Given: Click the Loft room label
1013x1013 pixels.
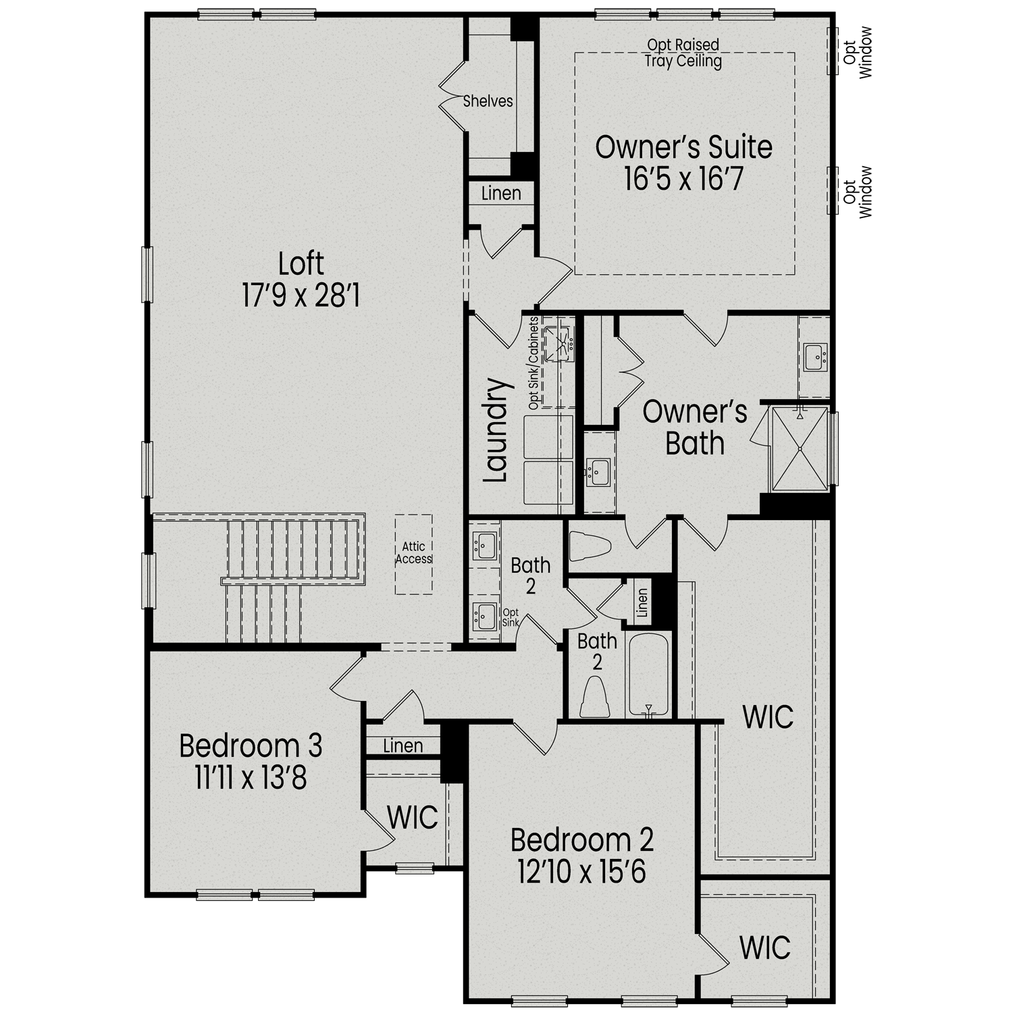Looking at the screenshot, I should [301, 264].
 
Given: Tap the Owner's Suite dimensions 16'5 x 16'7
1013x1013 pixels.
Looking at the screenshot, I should [683, 179].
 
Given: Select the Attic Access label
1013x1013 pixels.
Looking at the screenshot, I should [413, 552].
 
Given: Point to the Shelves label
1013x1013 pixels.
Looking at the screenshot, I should [488, 101].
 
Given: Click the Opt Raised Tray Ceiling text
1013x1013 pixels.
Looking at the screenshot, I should [683, 53].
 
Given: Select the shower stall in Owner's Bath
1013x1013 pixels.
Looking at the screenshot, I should [800, 448].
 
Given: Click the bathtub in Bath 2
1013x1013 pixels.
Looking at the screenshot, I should [648, 675].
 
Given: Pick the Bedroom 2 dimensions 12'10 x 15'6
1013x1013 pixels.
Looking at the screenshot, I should [581, 871].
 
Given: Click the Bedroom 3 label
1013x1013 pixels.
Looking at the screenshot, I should [251, 746].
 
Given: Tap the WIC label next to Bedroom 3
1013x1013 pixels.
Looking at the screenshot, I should [412, 817].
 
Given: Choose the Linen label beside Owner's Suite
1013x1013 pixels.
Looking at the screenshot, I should [501, 194].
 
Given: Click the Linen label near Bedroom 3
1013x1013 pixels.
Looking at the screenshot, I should [402, 746].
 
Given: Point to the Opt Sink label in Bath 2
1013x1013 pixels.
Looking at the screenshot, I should [511, 617].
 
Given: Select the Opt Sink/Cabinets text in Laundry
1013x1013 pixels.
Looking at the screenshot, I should [534, 363].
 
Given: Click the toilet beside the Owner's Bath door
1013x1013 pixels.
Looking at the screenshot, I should [589, 546].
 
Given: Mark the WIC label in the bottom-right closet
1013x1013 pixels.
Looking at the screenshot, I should [764, 947].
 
